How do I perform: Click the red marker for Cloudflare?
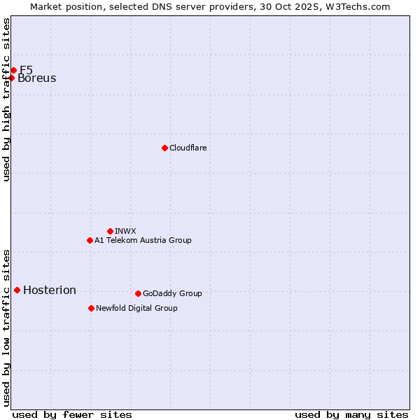click(164, 148)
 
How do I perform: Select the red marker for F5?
click(13, 70)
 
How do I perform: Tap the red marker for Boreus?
click(12, 78)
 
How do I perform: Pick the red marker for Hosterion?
click(17, 290)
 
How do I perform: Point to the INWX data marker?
click(110, 231)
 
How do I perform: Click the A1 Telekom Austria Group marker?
click(90, 240)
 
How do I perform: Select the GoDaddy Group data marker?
click(138, 293)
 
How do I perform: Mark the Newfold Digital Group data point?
click(91, 308)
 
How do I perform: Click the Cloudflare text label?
click(188, 148)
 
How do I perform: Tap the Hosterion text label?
click(50, 290)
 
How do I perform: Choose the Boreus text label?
click(37, 78)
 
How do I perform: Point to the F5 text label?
click(26, 70)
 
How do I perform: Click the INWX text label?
click(125, 231)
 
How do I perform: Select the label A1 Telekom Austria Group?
click(143, 240)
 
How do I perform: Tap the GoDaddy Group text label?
click(172, 293)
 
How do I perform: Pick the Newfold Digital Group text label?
click(136, 308)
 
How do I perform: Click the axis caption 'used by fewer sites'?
click(72, 414)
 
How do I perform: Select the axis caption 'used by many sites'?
click(351, 414)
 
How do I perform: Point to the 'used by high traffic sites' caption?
click(6, 99)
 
